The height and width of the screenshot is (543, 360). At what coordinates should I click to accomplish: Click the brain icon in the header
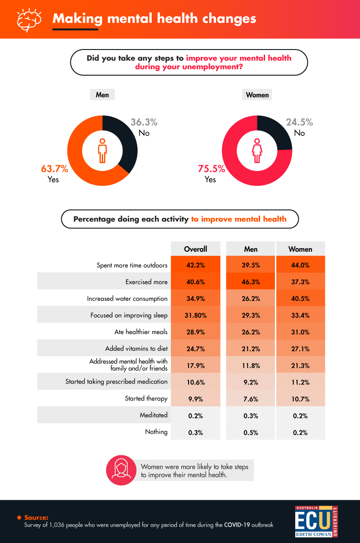(29, 19)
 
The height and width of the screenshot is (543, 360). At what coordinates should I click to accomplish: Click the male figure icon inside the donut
(103, 150)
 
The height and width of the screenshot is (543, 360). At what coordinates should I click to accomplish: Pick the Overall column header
(196, 249)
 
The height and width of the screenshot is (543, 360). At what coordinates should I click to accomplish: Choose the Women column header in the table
(300, 249)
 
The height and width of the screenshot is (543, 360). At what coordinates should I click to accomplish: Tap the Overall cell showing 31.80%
(196, 315)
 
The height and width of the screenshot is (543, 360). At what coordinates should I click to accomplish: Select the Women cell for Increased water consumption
(300, 299)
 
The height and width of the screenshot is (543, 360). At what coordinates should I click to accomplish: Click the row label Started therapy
(146, 398)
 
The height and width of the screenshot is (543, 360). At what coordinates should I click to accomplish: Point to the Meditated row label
(153, 415)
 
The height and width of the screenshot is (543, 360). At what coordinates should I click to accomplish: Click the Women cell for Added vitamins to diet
(300, 348)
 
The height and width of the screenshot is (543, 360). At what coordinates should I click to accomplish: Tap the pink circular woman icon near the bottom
(121, 471)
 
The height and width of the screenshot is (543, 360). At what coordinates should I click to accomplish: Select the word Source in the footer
(36, 517)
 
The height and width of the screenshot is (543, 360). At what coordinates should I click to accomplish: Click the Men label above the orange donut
(102, 95)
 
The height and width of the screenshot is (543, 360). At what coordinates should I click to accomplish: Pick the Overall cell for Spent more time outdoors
(196, 265)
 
